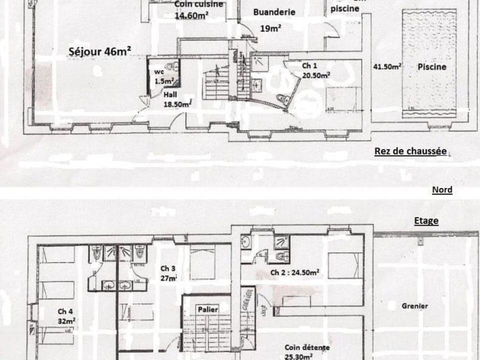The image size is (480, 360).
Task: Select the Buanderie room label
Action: point(274,12)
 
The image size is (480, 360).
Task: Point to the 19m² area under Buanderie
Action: point(270,28)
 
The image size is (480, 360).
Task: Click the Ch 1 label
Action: point(309,65)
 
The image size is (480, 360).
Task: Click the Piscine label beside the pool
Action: point(432,66)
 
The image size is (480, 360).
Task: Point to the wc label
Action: point(159,71)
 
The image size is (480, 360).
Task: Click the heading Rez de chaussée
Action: point(410,151)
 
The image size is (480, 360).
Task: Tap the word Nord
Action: point(442,189)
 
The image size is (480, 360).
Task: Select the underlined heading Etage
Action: point(426,220)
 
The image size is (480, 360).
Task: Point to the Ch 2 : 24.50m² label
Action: point(295,273)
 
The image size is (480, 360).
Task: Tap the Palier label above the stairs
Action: point(207,309)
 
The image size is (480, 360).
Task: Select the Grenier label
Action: point(414,305)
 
